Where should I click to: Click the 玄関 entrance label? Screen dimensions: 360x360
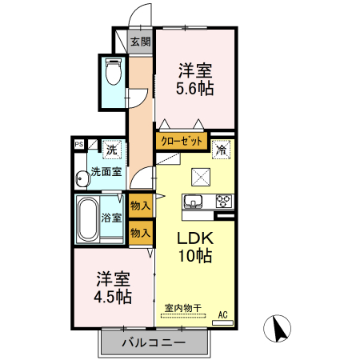tap(141, 42)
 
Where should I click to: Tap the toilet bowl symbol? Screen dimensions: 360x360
tap(114, 71)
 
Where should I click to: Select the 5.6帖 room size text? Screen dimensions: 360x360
tap(194, 88)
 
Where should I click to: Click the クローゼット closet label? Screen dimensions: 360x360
tap(182, 141)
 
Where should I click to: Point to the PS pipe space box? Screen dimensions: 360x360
tap(79, 145)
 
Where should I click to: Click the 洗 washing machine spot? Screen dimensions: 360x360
tap(112, 150)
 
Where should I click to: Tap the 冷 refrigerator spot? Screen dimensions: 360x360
tap(221, 150)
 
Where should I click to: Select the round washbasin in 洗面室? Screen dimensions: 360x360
tap(82, 179)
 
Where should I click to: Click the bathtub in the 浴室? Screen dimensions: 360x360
tap(88, 219)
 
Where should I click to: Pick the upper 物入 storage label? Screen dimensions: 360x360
tap(140, 206)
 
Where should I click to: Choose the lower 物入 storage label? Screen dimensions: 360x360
tap(140, 233)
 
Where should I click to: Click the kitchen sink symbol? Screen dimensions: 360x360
tap(193, 201)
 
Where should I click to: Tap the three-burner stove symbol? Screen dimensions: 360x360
tap(224, 201)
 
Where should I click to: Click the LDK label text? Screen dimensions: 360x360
tap(195, 238)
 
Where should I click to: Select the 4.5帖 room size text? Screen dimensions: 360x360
tap(113, 297)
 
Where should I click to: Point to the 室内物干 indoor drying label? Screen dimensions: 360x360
tap(183, 308)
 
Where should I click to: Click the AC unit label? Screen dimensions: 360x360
tap(223, 315)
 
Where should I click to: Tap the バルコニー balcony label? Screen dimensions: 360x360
tap(154, 342)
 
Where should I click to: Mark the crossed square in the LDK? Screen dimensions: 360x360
tap(201, 177)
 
